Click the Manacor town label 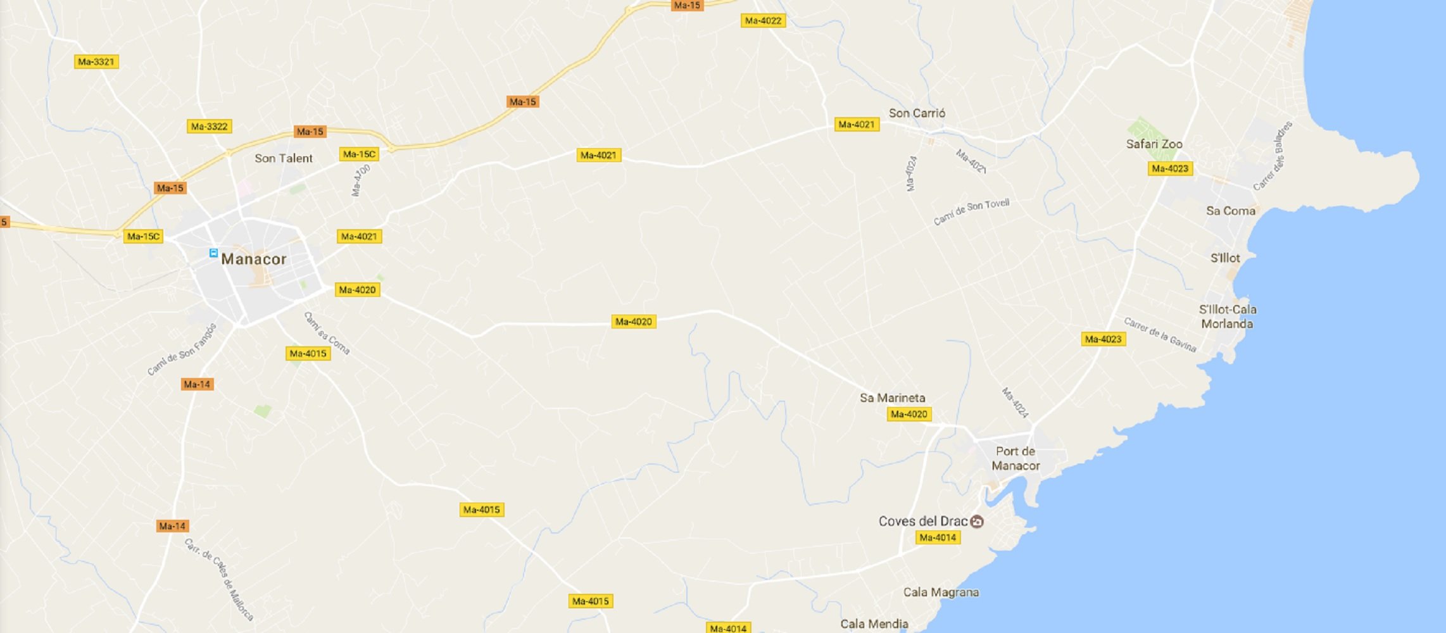click(x=253, y=259)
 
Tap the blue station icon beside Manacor click(x=213, y=253)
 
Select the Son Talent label click(x=283, y=158)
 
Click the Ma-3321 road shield click(x=96, y=62)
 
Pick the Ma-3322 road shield click(x=209, y=127)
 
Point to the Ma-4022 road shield click(x=763, y=21)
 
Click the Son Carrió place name click(x=917, y=113)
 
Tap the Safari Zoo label click(x=1154, y=144)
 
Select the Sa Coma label click(x=1230, y=211)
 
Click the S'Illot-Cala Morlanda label click(x=1227, y=316)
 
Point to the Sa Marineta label click(x=892, y=398)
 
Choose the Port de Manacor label click(x=1015, y=458)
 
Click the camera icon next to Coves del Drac click(x=977, y=522)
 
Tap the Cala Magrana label click(x=941, y=592)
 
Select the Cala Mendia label click(x=874, y=624)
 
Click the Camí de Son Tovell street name click(x=971, y=211)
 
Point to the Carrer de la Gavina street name click(x=1160, y=334)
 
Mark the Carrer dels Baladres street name click(x=1273, y=156)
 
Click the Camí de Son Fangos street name click(x=182, y=349)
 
